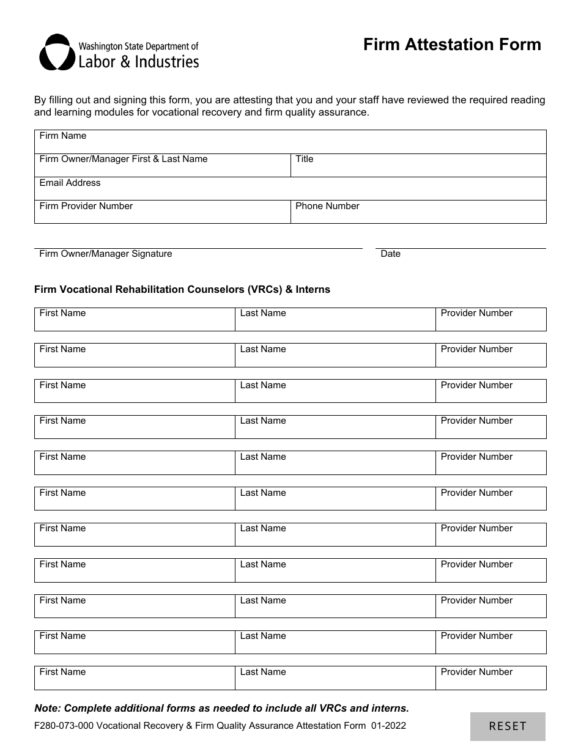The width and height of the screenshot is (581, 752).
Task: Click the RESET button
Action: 508,726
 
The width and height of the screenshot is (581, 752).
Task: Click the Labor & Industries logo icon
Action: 57,53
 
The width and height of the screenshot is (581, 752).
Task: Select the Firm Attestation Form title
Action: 452,45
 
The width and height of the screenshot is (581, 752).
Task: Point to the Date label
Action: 390,254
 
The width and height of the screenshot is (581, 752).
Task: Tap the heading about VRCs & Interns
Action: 182,290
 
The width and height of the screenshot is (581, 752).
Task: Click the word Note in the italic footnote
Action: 46,709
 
